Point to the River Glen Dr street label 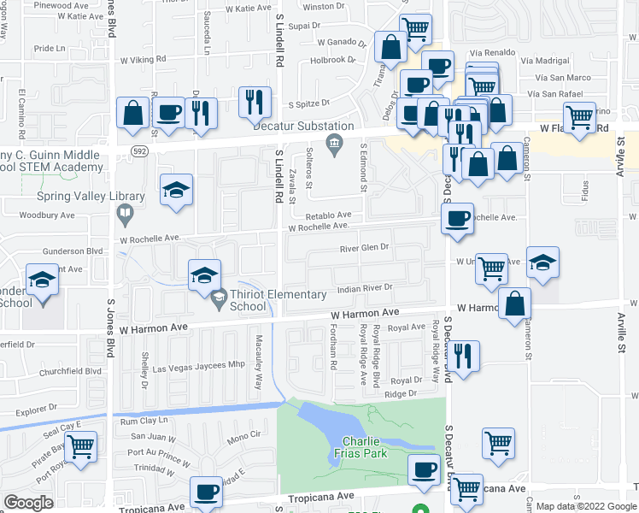364,247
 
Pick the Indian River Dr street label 364,289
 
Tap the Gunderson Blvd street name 73,252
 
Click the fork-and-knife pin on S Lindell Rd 255,103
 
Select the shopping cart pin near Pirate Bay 80,446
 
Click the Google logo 28,502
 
